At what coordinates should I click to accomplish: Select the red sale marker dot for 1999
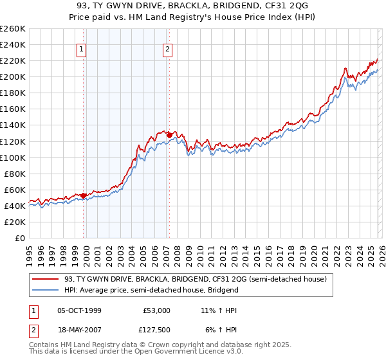pos(84,195)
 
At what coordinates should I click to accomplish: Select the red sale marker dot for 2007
pos(169,135)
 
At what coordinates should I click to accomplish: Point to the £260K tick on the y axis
pos(13,29)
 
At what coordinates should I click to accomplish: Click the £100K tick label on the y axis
pos(13,157)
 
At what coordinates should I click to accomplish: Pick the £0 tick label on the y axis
pos(21,238)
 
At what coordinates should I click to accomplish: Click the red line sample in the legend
pos(46,279)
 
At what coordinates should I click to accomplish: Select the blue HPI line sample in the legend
pos(46,290)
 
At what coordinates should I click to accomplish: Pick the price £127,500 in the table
pos(157,331)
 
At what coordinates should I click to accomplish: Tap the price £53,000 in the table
pos(157,310)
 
